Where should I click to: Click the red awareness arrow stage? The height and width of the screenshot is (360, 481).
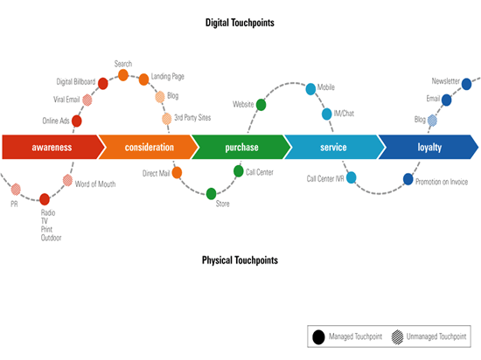coord(52,147)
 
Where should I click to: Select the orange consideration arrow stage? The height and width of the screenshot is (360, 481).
coord(149,147)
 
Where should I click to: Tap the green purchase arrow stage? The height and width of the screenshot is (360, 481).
coord(241,147)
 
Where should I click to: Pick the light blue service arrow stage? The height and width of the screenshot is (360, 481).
coord(334,147)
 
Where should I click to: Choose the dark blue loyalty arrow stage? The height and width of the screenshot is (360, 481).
coord(429,147)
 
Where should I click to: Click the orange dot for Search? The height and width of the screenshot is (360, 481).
coord(123,75)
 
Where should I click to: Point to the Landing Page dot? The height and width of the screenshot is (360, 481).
coord(143,80)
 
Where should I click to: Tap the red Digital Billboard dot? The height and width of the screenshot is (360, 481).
coord(103,83)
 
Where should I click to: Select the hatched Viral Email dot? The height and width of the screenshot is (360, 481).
coord(87,100)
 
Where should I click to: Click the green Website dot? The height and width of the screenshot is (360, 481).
coord(261,105)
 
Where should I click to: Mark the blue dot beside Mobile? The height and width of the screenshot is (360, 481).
coord(310,89)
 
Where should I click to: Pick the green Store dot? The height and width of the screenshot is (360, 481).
coord(211,194)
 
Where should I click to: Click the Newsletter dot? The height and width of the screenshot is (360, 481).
coord(466,84)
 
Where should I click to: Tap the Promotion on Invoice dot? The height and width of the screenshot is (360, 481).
coord(408,179)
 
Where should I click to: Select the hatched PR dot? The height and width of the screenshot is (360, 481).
coord(16,190)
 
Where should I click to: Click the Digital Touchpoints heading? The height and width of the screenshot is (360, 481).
coord(240,23)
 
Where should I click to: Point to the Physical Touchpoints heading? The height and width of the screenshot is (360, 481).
coord(240,260)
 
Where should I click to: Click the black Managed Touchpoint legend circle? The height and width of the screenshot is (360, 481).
coord(318,337)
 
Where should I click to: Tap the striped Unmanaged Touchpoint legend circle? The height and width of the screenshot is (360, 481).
coord(397,337)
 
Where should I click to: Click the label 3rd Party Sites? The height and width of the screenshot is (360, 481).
coord(192,118)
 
